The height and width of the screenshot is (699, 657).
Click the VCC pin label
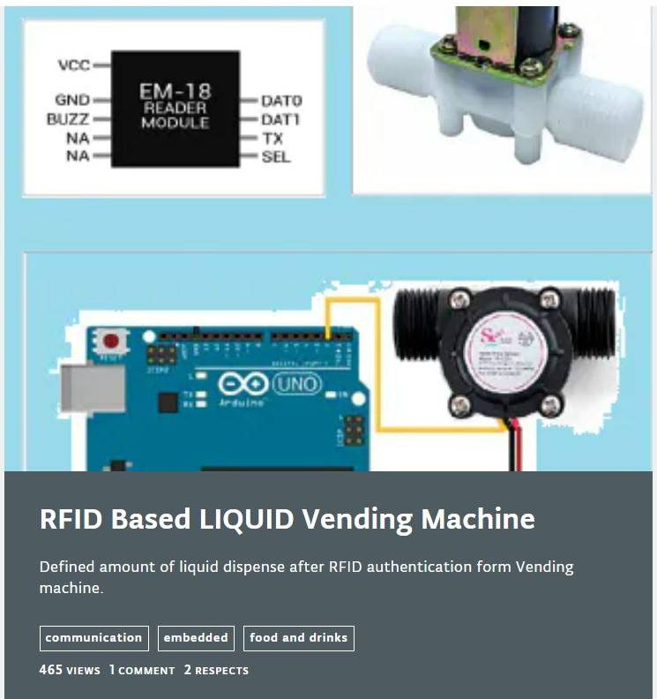73,66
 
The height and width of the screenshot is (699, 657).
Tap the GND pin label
72,101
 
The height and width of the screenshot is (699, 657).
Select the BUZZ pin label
69,119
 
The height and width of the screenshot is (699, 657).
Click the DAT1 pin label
281,120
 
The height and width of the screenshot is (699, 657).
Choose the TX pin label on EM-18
272,139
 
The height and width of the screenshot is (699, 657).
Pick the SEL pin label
275,157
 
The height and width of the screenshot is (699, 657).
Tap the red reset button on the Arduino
111,341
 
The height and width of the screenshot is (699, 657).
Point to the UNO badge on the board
296,385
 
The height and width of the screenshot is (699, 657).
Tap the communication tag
93,638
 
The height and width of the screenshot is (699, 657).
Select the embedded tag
196,638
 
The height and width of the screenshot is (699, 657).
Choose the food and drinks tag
298,638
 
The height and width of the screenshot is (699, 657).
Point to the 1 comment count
142,670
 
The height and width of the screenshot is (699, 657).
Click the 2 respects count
216,670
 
